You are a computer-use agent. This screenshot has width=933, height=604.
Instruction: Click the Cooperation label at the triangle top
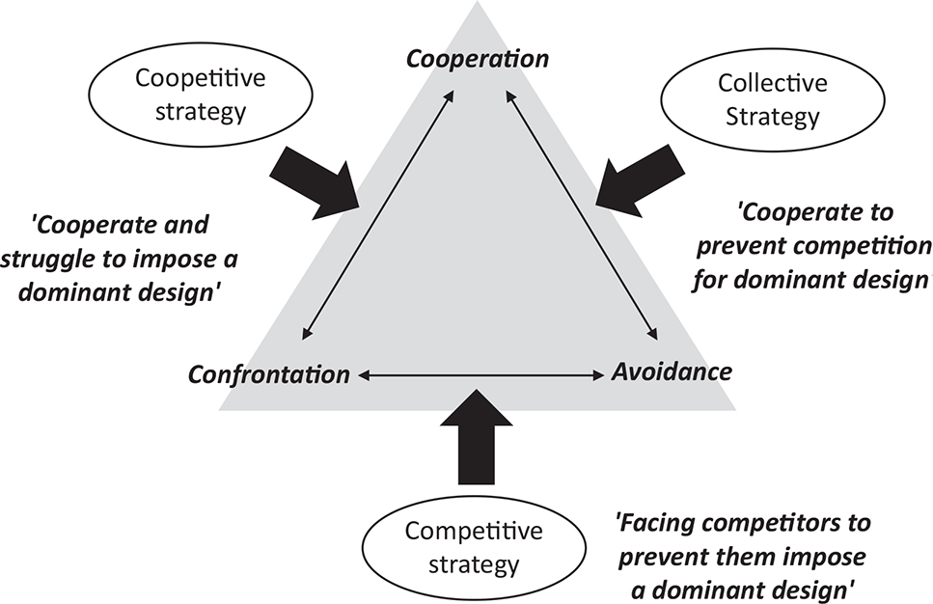(x=478, y=59)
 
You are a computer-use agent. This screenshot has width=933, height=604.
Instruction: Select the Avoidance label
(x=672, y=371)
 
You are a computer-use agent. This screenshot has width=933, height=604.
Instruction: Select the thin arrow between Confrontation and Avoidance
(x=480, y=373)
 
